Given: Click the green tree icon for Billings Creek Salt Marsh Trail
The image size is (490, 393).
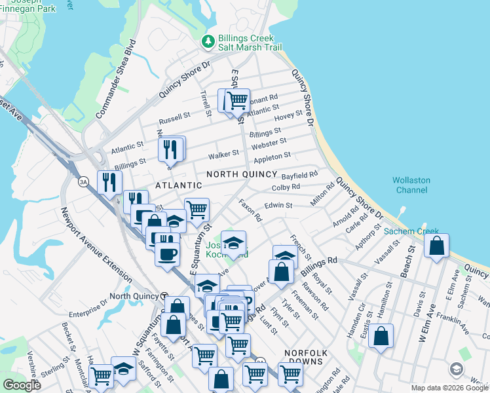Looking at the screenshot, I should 208,41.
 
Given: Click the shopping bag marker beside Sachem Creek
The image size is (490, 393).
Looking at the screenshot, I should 437,246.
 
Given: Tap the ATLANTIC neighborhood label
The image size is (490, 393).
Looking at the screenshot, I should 179,186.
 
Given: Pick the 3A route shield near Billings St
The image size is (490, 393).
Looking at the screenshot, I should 83,181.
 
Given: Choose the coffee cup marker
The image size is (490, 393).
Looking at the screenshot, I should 168,252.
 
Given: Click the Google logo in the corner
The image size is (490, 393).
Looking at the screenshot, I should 22,384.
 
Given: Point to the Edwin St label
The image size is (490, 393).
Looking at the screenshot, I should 279,206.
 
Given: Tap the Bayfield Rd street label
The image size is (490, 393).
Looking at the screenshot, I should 299,176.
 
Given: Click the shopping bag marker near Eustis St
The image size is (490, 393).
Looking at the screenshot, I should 381,336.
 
